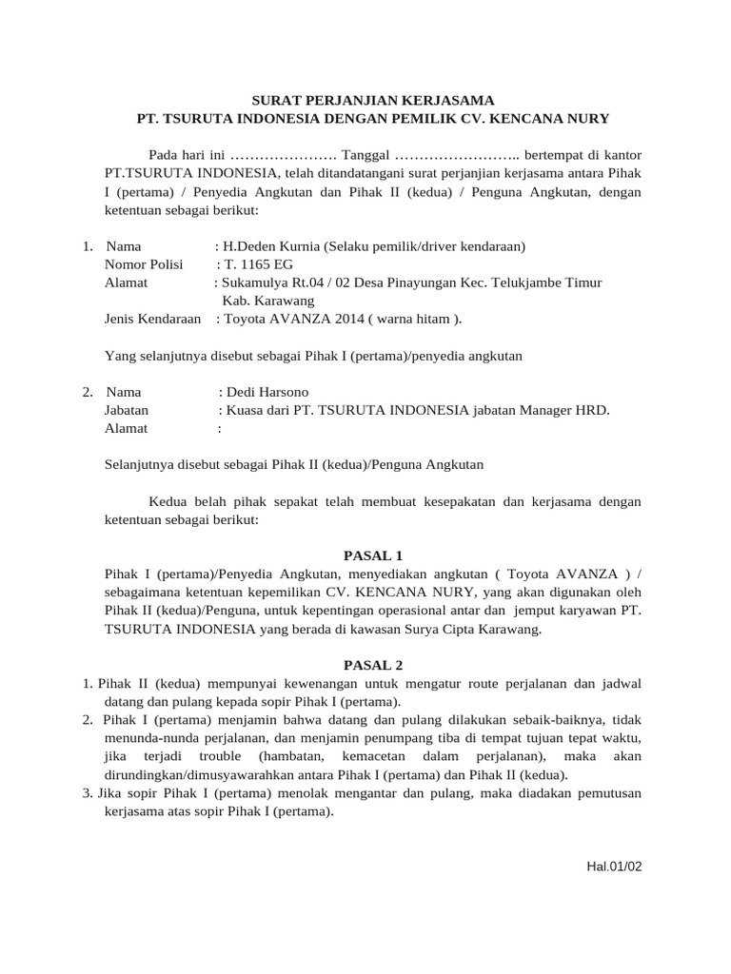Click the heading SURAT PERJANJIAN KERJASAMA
point(373,100)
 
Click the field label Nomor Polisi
point(144,264)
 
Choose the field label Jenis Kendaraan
point(152,320)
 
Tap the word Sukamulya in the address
point(254,282)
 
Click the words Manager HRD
point(570,410)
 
